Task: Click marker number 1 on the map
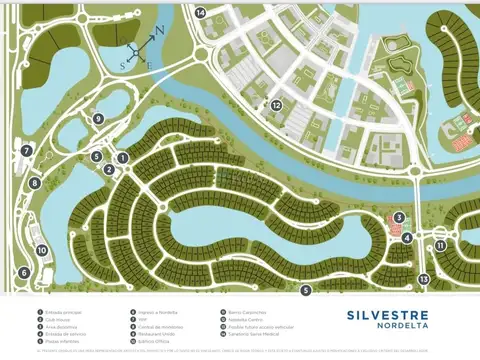(122, 157)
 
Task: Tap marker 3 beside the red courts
(398, 217)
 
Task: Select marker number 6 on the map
(24, 272)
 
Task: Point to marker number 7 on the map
(27, 151)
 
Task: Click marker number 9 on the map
(98, 118)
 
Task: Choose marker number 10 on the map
(42, 250)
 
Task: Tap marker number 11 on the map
(440, 244)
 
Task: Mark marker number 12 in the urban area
(276, 104)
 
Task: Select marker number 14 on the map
(201, 12)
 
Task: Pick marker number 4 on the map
(408, 237)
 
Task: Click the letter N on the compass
(157, 31)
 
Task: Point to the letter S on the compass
(124, 64)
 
